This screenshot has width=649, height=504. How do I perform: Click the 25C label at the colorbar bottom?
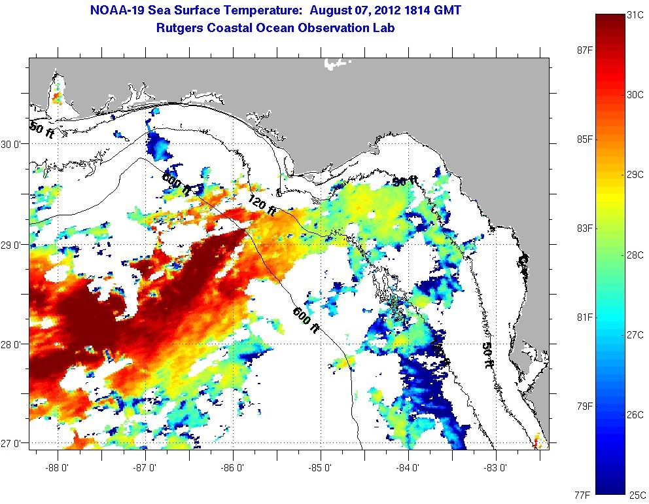coord(637,494)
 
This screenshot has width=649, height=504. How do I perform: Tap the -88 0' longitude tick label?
coord(58,469)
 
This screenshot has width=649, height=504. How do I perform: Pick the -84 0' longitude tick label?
coord(408,469)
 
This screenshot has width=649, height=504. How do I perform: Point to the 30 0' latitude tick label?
coord(12,145)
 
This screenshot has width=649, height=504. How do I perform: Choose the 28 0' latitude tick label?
coord(12,344)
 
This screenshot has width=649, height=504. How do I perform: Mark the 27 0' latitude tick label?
coord(12,444)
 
